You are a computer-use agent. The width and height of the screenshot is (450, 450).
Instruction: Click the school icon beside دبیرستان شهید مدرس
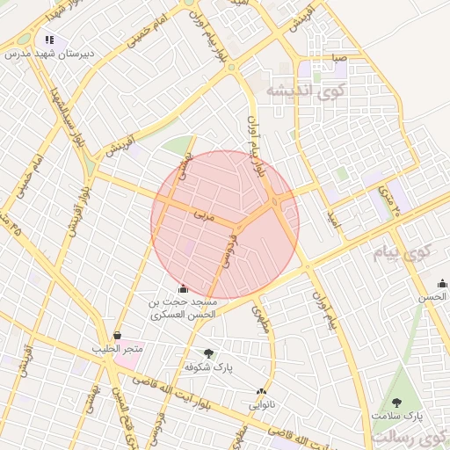pyautogui.click(x=49, y=39)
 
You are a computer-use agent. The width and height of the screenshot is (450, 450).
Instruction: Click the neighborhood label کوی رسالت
pyautogui.click(x=411, y=437)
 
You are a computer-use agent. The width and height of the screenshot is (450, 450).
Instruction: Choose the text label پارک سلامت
pyautogui.click(x=396, y=415)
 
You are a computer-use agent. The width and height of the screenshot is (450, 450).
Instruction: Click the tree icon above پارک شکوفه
pyautogui.click(x=208, y=353)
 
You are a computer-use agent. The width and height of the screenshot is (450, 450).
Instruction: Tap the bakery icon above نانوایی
pyautogui.click(x=261, y=392)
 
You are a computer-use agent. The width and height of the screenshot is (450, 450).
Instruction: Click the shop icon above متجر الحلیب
pyautogui.click(x=118, y=335)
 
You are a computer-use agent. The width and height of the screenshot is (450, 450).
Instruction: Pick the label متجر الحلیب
pyautogui.click(x=118, y=349)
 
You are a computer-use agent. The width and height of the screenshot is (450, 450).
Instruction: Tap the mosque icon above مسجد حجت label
pyautogui.click(x=182, y=287)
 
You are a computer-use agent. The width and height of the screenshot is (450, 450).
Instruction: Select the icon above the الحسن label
pyautogui.click(x=442, y=283)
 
